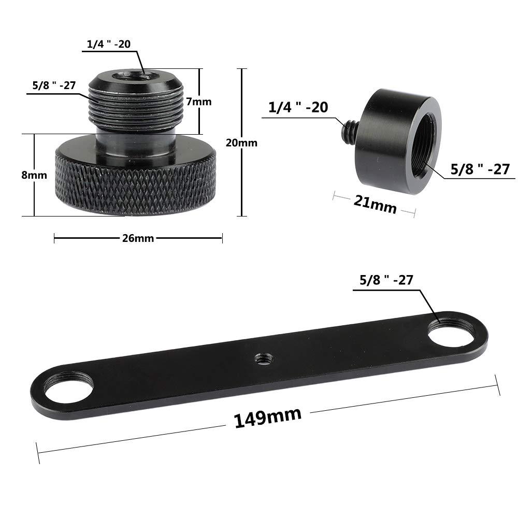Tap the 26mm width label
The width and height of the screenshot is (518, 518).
click(138, 238)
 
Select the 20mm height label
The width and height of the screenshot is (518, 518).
click(241, 142)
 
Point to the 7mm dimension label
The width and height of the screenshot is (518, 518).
click(199, 102)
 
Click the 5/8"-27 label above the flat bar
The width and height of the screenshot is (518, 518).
click(386, 280)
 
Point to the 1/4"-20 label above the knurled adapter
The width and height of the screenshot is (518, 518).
click(109, 44)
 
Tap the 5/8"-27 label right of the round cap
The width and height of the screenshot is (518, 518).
click(480, 169)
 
